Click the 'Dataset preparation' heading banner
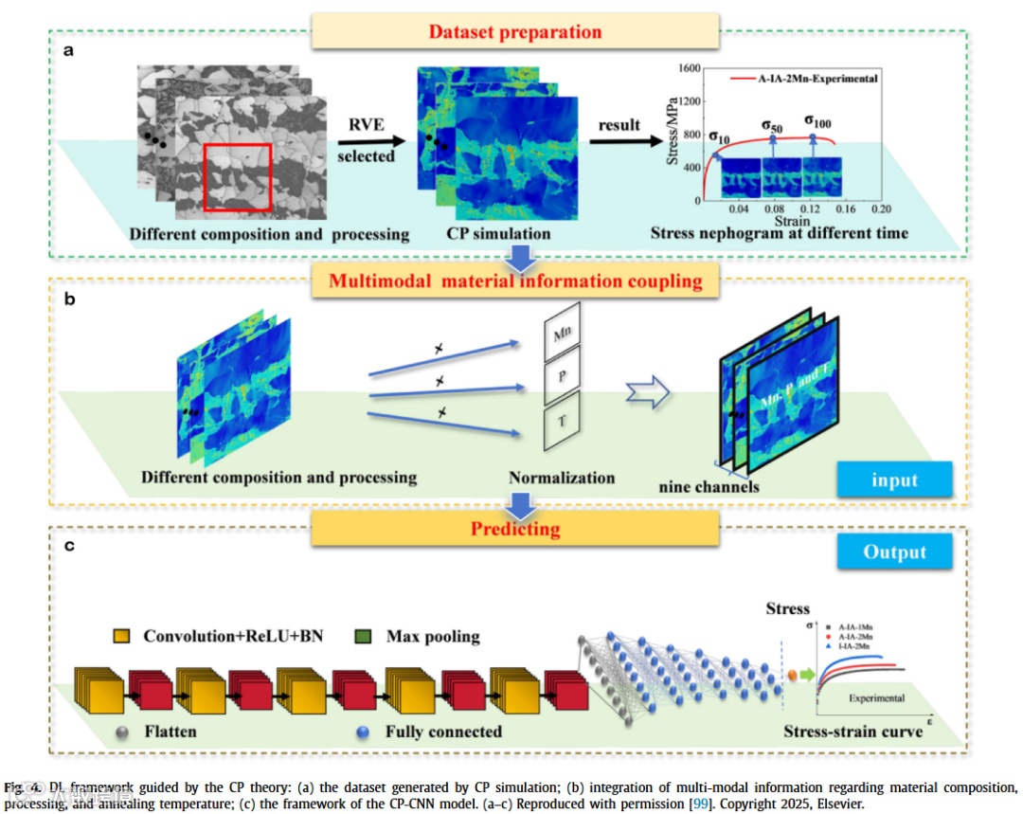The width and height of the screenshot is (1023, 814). (514, 31)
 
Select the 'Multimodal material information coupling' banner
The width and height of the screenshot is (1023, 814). (516, 280)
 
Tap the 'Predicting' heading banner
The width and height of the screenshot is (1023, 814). (516, 528)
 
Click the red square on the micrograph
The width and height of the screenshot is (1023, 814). (238, 176)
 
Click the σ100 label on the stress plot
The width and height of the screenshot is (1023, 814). (819, 122)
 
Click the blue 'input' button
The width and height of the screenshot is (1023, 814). (895, 479)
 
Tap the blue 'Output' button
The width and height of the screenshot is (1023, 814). (895, 552)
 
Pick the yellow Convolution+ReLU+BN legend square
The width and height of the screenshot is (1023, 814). (121, 636)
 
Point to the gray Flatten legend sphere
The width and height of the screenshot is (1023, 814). (122, 732)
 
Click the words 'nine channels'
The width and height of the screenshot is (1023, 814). (709, 488)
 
